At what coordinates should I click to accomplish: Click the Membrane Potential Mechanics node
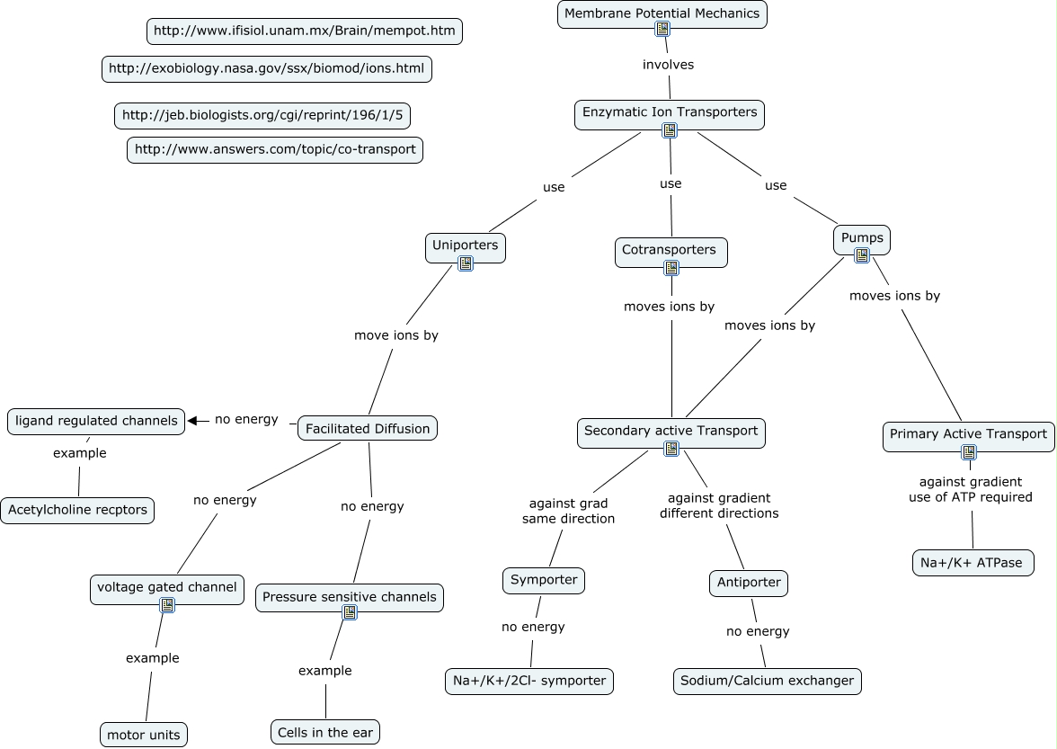[x=662, y=14]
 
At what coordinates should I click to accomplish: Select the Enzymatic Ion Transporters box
[x=670, y=114]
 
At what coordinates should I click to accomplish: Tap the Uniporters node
[x=466, y=247]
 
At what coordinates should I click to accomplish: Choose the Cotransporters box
[x=671, y=252]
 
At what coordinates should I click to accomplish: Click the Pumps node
[x=862, y=240]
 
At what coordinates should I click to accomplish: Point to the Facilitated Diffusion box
[x=368, y=429]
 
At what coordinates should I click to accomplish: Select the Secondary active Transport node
[x=671, y=433]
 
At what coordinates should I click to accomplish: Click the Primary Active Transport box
[x=968, y=437]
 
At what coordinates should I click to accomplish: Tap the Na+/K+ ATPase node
[x=973, y=563]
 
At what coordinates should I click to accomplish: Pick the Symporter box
[x=544, y=581]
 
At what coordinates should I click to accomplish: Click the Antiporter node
[x=749, y=584]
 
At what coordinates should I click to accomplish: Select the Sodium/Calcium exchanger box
[x=768, y=681]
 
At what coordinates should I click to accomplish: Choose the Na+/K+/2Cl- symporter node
[x=529, y=681]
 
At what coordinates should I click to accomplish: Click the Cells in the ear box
[x=325, y=733]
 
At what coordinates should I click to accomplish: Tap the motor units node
[x=144, y=735]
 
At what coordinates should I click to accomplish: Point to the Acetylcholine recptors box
[x=77, y=511]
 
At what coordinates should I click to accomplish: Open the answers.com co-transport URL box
[x=275, y=149]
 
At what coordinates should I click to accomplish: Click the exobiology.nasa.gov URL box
[x=267, y=68]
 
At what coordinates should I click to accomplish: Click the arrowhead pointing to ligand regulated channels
[x=192, y=421]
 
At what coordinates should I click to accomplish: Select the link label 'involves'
[x=668, y=65]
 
